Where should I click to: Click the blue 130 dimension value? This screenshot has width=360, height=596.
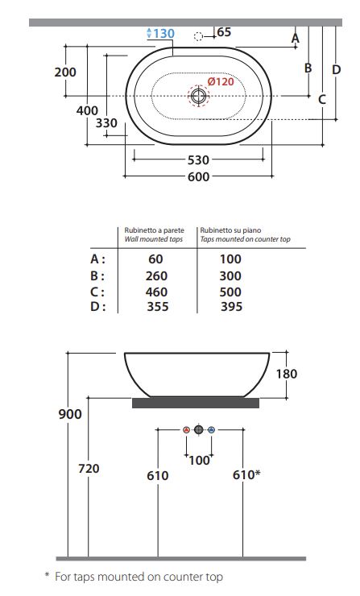163,34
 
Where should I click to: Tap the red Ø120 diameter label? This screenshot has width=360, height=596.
221,81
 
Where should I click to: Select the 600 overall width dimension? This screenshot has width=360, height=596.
198,176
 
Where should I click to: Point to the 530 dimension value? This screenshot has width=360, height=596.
198,160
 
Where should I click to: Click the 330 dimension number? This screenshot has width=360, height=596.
106,123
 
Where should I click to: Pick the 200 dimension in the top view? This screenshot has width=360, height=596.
65,72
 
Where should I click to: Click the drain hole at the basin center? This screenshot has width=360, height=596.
198,95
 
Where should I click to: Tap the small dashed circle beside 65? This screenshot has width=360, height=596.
198,36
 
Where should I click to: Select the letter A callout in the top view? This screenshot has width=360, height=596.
296,38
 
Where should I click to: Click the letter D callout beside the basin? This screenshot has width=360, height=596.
337,69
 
